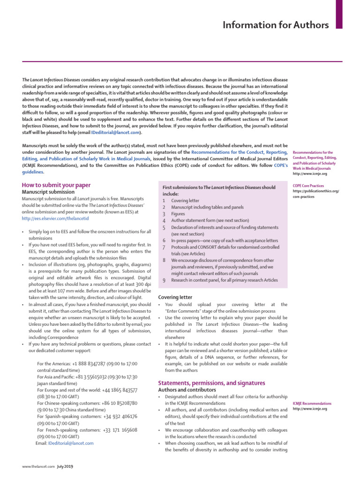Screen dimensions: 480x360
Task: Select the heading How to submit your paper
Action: (56, 185)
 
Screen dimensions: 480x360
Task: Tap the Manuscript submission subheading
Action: (48, 192)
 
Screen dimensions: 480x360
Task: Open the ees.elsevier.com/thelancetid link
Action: (55, 218)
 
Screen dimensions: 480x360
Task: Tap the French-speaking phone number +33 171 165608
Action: (120, 429)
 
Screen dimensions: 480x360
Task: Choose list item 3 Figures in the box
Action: (179, 213)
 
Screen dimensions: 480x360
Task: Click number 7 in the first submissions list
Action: (164, 247)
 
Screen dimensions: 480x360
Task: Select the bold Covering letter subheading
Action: (175, 297)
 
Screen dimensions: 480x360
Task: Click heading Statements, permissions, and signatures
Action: (211, 382)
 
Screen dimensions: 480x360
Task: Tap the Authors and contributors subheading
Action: (187, 390)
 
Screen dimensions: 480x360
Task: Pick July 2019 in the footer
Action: (65, 466)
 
